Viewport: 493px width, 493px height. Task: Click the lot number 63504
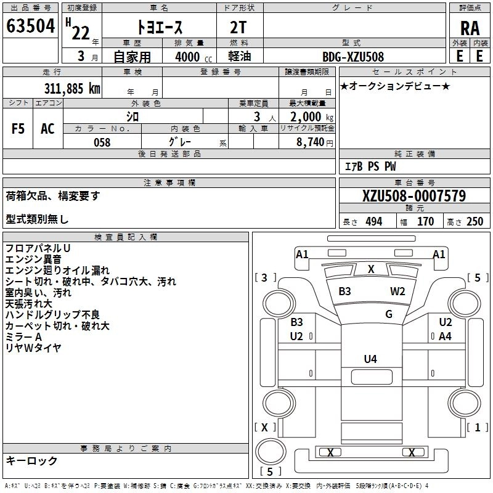pyautogui.click(x=31, y=27)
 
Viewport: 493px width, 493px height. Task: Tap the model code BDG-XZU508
pyautogui.click(x=353, y=57)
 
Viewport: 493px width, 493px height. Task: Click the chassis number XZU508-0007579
pyautogui.click(x=414, y=197)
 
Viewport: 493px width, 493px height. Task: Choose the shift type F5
pyautogui.click(x=18, y=129)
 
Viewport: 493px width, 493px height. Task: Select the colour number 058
pyautogui.click(x=102, y=142)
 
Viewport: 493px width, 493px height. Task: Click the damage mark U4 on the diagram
pyautogui.click(x=370, y=359)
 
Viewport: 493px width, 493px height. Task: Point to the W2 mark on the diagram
pyautogui.click(x=397, y=291)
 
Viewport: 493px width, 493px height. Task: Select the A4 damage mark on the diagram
pyautogui.click(x=445, y=336)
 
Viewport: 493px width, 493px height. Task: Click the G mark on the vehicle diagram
pyautogui.click(x=388, y=314)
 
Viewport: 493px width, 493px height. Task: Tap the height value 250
pyautogui.click(x=475, y=222)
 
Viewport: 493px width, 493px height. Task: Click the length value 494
pyautogui.click(x=373, y=222)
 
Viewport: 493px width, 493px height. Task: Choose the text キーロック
pyautogui.click(x=31, y=460)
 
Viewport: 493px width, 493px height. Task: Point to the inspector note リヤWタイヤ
pyautogui.click(x=33, y=348)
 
